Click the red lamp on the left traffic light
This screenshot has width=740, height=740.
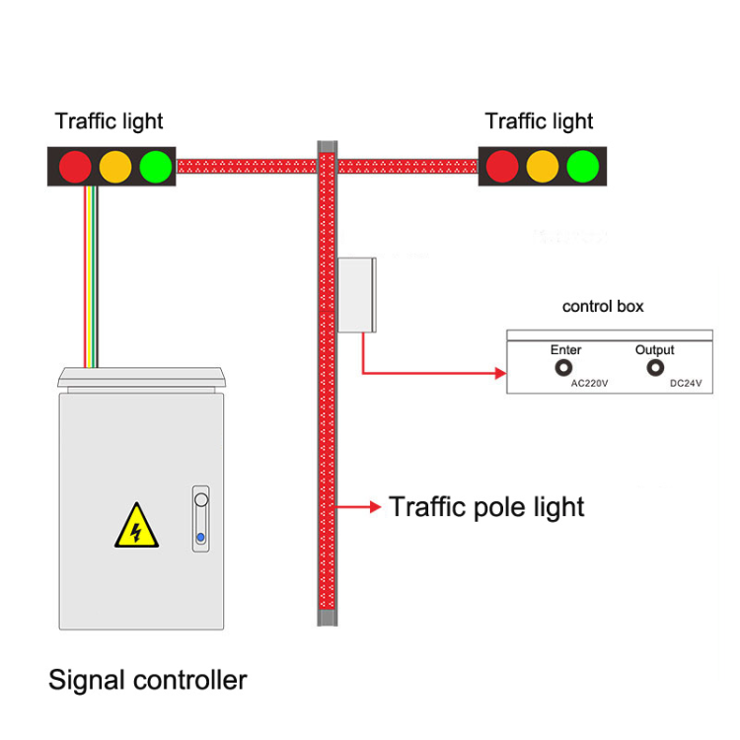tap(74, 166)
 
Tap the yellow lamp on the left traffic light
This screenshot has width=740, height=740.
tap(114, 166)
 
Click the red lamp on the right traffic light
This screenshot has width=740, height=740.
tap(502, 166)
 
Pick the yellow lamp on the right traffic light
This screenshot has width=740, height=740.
tap(543, 166)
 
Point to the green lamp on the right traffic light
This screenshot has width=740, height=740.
tap(583, 166)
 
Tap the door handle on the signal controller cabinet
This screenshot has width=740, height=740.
tap(201, 517)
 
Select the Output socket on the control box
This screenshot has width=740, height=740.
tap(654, 369)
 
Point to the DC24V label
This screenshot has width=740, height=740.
tap(685, 384)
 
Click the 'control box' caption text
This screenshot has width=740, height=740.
tap(603, 306)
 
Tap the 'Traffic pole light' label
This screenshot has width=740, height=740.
tap(486, 507)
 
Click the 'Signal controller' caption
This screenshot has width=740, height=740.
tap(148, 680)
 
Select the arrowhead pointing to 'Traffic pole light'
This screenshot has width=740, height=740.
tap(375, 507)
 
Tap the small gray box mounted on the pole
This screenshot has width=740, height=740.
tap(356, 294)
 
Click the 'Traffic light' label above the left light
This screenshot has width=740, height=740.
tap(109, 121)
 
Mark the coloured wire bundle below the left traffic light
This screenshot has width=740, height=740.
tap(91, 276)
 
